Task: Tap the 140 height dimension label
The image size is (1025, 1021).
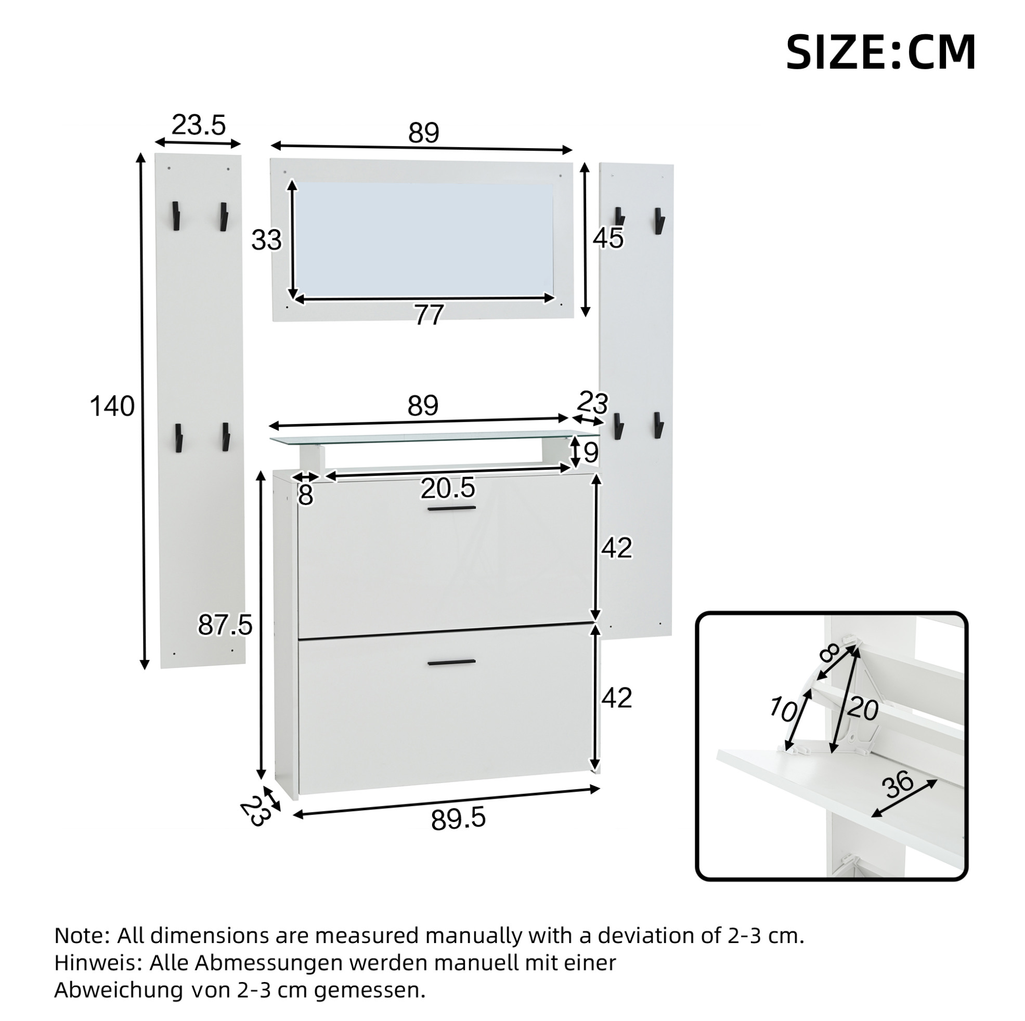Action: pyautogui.click(x=112, y=407)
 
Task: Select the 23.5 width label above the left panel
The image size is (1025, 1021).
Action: pyautogui.click(x=199, y=125)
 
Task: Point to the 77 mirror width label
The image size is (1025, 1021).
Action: pyautogui.click(x=429, y=315)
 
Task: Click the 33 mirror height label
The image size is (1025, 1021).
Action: pyautogui.click(x=266, y=240)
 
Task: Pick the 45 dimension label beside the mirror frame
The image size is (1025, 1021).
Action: pyautogui.click(x=608, y=238)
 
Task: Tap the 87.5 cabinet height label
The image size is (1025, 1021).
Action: pyautogui.click(x=225, y=625)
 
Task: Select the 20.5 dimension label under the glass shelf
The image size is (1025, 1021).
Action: pyautogui.click(x=448, y=488)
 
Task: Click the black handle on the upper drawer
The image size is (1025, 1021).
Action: pyautogui.click(x=452, y=509)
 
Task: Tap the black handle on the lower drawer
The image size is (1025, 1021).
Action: pyautogui.click(x=451, y=662)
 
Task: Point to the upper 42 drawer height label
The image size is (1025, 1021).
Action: pyautogui.click(x=616, y=548)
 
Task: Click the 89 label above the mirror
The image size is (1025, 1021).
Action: pyautogui.click(x=423, y=132)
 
